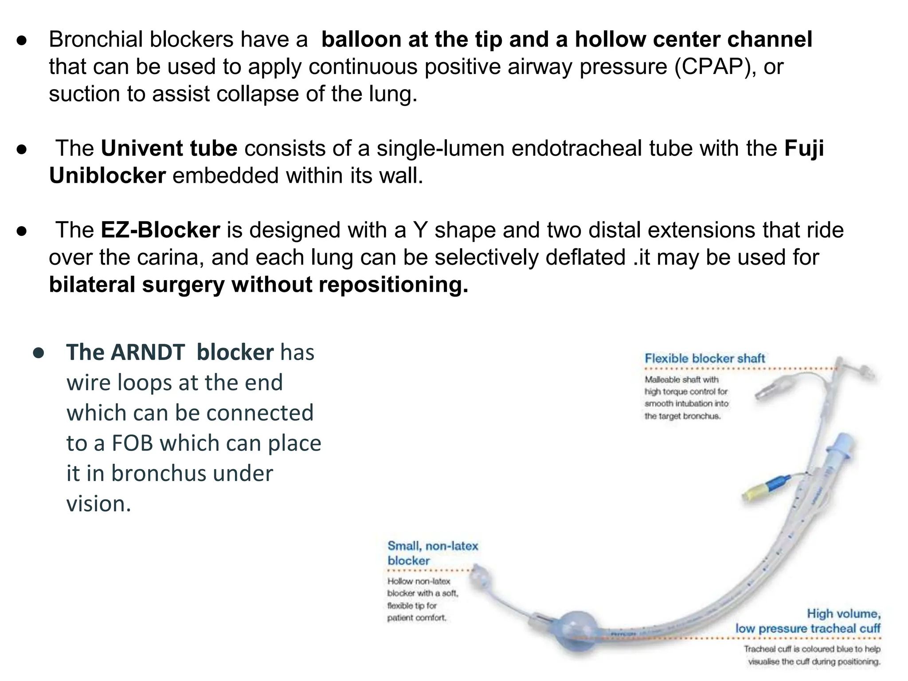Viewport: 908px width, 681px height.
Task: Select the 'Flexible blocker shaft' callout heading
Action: [704, 358]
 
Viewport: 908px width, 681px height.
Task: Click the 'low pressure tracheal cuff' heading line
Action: [807, 628]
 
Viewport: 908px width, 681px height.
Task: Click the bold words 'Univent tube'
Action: [169, 148]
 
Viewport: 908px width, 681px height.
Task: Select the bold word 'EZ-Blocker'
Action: [160, 230]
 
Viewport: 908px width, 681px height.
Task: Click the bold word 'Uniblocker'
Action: [107, 176]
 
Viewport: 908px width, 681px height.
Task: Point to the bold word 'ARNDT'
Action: [148, 352]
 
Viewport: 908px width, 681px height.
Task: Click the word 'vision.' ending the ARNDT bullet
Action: [99, 504]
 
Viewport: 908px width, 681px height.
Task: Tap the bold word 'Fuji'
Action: [804, 148]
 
